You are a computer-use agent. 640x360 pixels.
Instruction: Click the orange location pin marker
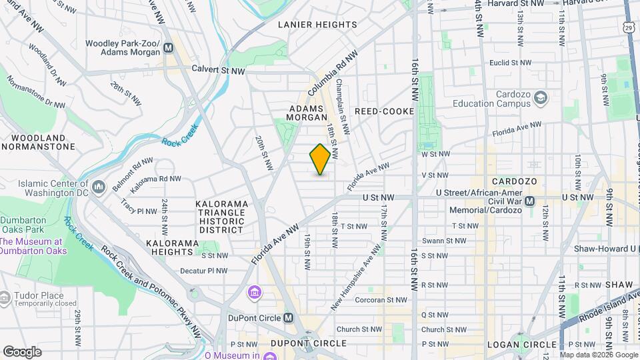click(x=320, y=159)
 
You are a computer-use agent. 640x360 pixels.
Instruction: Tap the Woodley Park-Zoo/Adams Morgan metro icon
click(x=168, y=48)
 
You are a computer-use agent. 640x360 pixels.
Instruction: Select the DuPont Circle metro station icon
click(x=289, y=318)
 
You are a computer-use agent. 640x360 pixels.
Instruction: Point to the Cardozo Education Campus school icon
click(x=540, y=99)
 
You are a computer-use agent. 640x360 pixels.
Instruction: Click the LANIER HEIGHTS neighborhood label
click(x=317, y=25)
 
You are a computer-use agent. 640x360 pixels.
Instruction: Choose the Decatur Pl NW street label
click(x=204, y=271)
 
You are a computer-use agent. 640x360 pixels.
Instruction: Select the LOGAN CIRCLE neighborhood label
click(x=517, y=343)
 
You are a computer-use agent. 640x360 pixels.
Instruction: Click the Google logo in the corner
click(x=22, y=351)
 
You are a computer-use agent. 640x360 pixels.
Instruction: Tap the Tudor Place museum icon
click(x=5, y=296)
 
